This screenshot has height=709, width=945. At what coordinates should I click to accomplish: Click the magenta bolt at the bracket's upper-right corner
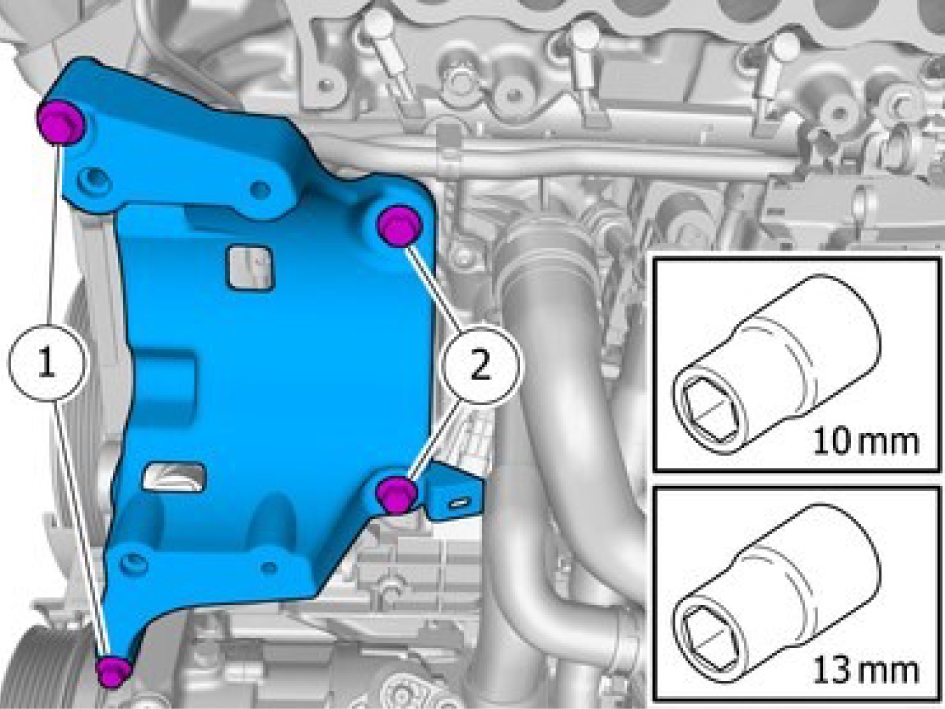[x=400, y=225]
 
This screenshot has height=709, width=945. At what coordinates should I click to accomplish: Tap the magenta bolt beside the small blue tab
[x=396, y=493]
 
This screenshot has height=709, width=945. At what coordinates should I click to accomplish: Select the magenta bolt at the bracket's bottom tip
[x=115, y=670]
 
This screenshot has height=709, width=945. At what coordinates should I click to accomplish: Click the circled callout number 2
[x=480, y=365]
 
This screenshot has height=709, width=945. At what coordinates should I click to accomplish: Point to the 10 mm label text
[x=865, y=441]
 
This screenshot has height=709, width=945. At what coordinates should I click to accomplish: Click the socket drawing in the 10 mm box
[x=776, y=364]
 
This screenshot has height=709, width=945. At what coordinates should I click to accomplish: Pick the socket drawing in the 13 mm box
[x=776, y=593]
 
